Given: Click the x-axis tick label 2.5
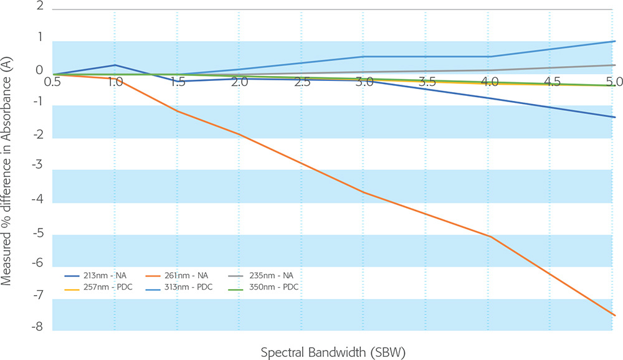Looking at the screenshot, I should click(302, 82).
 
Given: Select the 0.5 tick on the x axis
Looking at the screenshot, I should click(52, 82).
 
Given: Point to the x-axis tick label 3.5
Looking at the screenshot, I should click(427, 82).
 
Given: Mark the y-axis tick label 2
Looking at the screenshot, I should click(40, 7).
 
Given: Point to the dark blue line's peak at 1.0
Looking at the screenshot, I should click(115, 65).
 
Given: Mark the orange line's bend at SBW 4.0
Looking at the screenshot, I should click(490, 237).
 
